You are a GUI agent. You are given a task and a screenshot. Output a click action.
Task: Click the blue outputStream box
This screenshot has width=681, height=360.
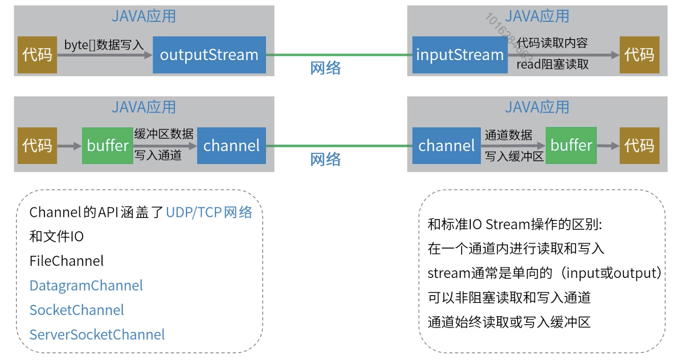[x=209, y=55]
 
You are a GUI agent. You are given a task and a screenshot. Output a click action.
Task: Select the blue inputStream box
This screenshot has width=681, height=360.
[x=459, y=55]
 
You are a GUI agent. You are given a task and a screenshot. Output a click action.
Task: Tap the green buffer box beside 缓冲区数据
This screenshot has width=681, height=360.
[x=108, y=146]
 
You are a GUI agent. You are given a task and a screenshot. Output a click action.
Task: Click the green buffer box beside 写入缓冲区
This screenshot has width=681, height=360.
[x=571, y=146]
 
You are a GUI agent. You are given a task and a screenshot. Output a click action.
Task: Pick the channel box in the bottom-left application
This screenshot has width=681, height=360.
[x=231, y=146]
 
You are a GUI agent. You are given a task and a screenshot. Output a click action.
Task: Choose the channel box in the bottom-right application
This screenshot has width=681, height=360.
[x=446, y=146]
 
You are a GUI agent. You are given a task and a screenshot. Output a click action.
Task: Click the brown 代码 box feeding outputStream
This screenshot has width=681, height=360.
[x=37, y=55]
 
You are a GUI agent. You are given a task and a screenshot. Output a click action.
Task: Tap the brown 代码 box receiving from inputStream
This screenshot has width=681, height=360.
[x=639, y=55]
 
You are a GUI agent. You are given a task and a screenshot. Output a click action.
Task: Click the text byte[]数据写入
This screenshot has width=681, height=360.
[x=103, y=45]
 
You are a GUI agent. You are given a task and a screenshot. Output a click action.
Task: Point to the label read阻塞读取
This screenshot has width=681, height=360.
[x=552, y=64]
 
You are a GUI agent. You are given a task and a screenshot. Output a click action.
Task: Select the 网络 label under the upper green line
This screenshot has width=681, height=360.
[x=325, y=68]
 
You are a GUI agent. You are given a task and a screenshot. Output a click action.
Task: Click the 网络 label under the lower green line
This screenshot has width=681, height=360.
[x=325, y=159]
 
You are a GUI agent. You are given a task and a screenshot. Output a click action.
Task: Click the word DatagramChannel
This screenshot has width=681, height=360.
[x=86, y=286]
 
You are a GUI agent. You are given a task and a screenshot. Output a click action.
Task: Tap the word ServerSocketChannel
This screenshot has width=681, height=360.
[x=97, y=335]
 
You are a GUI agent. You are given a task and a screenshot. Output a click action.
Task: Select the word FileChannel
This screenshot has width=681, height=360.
[x=66, y=261]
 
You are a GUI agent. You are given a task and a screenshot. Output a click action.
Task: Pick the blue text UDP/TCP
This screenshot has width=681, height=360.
[x=193, y=212]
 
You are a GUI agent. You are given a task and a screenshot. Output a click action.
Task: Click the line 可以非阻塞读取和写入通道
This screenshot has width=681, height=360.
[x=509, y=298]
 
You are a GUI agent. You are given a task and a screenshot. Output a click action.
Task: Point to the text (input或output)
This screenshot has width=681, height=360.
[x=612, y=273]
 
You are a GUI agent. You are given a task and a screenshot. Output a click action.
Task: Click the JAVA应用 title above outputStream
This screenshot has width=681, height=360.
[x=144, y=16]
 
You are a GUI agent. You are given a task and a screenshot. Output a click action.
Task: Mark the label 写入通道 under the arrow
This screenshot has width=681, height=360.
[x=158, y=156]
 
